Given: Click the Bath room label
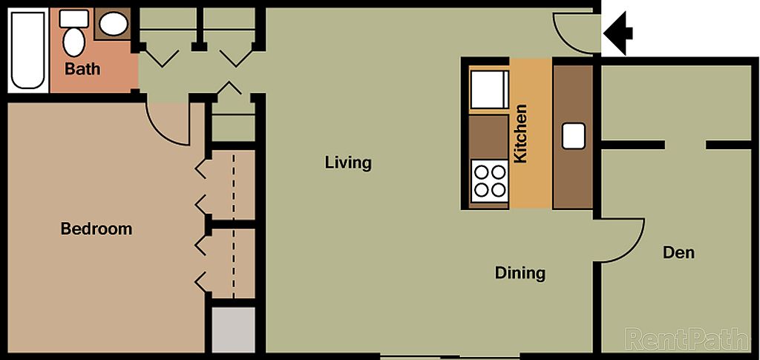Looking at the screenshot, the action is tap(82, 69).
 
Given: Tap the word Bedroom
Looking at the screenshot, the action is tap(96, 228).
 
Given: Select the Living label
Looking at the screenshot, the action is tap(348, 163).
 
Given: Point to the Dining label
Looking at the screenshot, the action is tap(520, 273).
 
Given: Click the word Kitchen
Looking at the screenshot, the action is tap(520, 134).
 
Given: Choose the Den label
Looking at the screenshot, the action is tap(678, 252).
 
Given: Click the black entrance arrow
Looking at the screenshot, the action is tap(618, 33).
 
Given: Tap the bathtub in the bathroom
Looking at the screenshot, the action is tap(27, 50).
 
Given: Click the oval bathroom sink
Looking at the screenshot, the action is tap(114, 24).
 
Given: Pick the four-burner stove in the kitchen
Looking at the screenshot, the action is tap(490, 181).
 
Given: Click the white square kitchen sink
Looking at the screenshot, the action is tap(574, 136).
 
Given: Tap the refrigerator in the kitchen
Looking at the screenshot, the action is tap(490, 89).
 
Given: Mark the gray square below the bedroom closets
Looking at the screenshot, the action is tap(234, 330).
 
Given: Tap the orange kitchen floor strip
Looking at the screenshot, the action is tap(531, 134).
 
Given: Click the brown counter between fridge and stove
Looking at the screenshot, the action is tap(488, 137).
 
